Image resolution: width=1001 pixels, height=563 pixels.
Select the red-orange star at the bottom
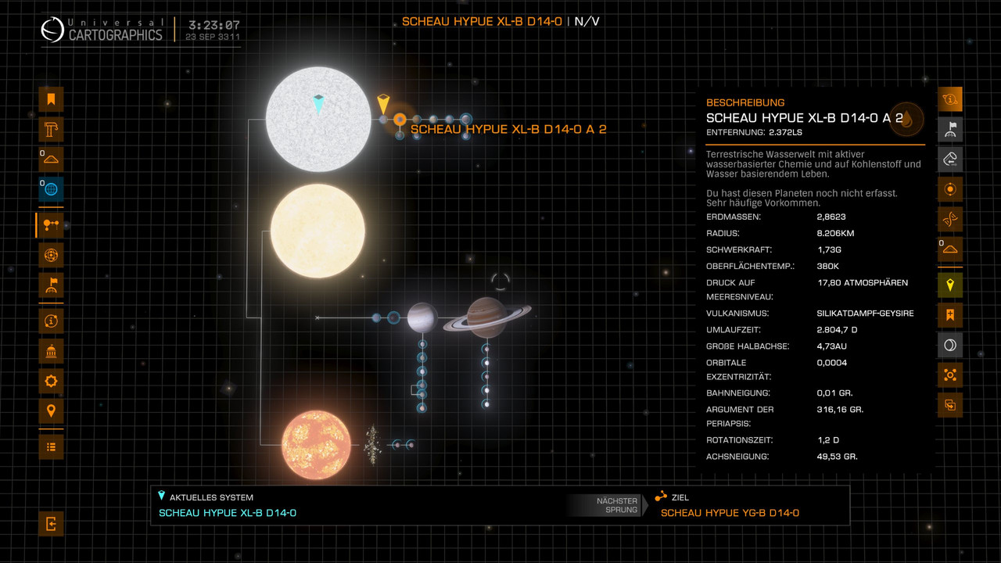pyautogui.click(x=316, y=445)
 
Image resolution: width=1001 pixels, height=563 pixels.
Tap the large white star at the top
pyautogui.click(x=318, y=119)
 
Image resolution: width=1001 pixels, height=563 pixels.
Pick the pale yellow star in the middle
pyautogui.click(x=318, y=231)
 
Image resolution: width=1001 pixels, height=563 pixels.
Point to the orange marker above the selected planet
pyautogui.click(x=383, y=103)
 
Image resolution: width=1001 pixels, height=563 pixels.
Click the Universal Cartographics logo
pyautogui.click(x=53, y=30)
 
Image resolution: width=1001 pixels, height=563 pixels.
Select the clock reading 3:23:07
pyautogui.click(x=213, y=25)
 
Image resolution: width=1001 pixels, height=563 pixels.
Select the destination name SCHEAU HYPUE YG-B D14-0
pyautogui.click(x=730, y=513)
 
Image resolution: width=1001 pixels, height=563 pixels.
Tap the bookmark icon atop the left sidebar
pyautogui.click(x=51, y=99)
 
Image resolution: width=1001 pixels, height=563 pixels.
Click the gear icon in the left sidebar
pyautogui.click(x=51, y=382)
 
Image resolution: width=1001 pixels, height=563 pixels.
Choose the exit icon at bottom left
pyautogui.click(x=51, y=524)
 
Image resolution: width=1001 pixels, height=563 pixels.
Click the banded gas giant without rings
pyautogui.click(x=422, y=317)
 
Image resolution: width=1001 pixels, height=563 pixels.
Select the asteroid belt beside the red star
pyautogui.click(x=373, y=443)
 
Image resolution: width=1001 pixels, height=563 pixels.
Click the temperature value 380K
pyautogui.click(x=828, y=266)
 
